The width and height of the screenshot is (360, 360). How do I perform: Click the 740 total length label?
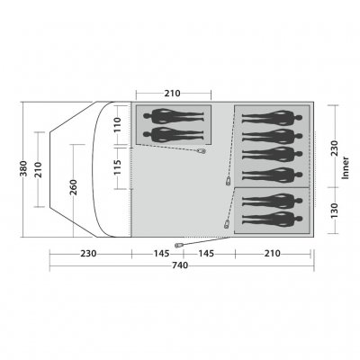[x=180, y=265]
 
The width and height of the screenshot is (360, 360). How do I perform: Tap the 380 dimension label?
[x=23, y=169]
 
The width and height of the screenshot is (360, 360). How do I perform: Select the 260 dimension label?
[x=74, y=187]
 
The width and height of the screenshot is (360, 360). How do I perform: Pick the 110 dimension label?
[x=117, y=125]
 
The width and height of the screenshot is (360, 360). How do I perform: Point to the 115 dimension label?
[x=117, y=167]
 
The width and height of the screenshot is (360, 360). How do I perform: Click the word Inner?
[x=346, y=168]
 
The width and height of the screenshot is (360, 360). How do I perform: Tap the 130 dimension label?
[x=334, y=211]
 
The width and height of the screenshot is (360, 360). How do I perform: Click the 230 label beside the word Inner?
[x=334, y=148]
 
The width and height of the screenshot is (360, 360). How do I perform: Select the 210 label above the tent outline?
[x=172, y=94]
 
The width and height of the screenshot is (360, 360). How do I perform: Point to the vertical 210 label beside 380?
[x=39, y=169]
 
